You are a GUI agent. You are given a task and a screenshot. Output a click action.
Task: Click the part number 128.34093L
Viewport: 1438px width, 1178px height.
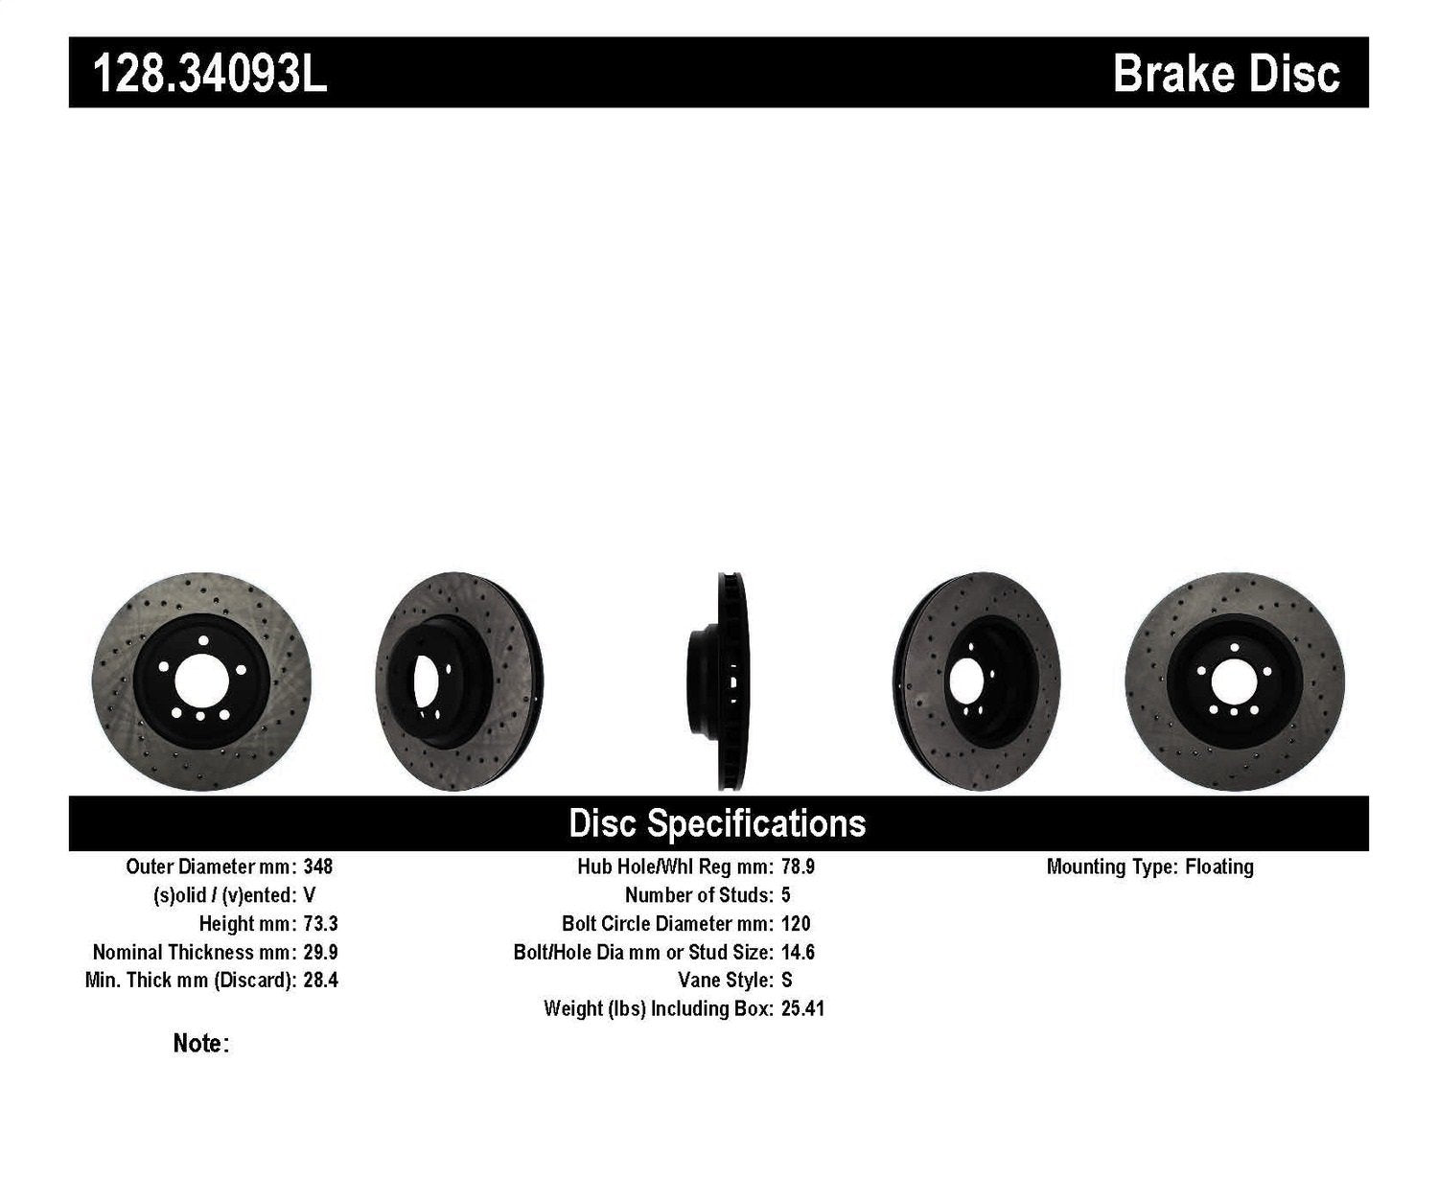pos(209,74)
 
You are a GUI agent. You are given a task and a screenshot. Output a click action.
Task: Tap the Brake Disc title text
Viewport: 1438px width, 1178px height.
pos(1225,74)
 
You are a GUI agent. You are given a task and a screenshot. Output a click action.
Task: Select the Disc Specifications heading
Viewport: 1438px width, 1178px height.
pos(717,823)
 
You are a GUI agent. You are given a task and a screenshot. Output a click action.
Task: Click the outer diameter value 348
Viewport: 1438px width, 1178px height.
pos(317,866)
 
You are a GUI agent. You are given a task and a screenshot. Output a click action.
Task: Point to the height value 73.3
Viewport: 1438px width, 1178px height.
pos(320,924)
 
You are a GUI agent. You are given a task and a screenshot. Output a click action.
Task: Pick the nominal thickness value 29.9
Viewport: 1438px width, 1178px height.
pos(320,952)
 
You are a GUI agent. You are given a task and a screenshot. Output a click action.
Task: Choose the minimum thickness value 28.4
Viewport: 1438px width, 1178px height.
pos(320,980)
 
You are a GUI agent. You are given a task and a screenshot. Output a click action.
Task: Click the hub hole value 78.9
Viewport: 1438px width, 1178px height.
pos(798,866)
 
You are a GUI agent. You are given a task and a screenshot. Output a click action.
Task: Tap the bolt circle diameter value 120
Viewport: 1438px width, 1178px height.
pos(796,924)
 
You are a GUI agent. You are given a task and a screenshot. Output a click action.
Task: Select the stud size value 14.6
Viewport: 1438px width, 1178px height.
pos(798,952)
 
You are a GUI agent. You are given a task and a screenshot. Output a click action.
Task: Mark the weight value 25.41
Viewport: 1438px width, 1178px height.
pos(802,1008)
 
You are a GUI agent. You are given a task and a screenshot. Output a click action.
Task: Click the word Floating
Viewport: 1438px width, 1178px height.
pos(1218,866)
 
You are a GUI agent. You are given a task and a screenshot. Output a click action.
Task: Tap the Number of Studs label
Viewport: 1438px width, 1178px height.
pos(698,895)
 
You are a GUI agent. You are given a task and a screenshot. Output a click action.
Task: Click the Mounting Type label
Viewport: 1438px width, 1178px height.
pos(1111,866)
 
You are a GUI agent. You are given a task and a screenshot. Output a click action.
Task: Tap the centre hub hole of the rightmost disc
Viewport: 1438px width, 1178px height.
pos(1235,681)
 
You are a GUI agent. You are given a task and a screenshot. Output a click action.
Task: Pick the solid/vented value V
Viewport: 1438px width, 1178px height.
pos(309,895)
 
